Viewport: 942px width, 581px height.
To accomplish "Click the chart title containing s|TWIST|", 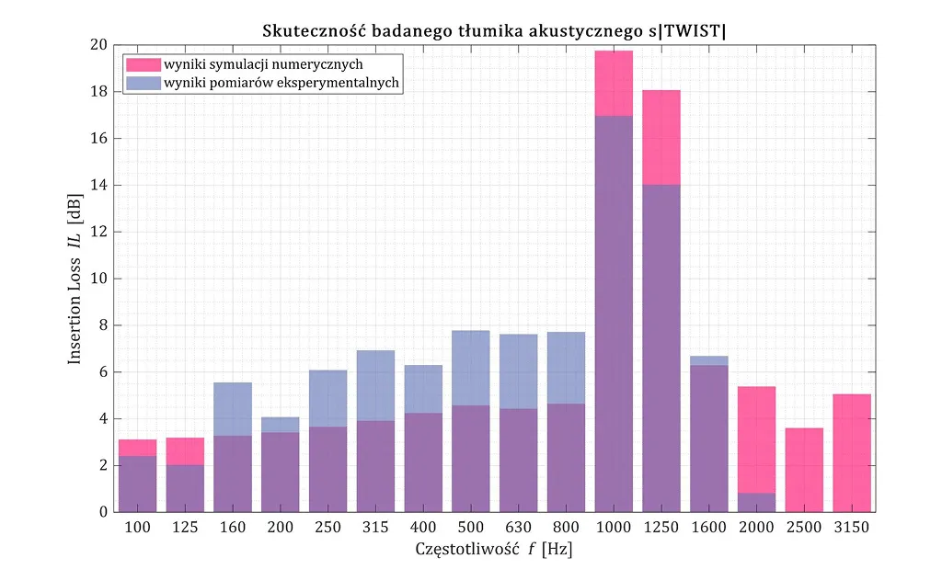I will pos(494,30).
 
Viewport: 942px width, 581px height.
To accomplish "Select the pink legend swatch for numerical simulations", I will pos(143,64).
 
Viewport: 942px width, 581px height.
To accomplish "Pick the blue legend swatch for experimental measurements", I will pos(143,82).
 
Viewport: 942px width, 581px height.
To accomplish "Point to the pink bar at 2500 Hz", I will pos(804,470).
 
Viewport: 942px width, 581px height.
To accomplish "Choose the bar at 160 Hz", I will pos(233,450).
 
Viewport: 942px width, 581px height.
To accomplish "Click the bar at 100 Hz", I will pos(137,478).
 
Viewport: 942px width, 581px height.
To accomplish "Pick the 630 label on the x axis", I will pos(518,529).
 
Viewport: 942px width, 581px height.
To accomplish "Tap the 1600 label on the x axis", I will pos(708,529).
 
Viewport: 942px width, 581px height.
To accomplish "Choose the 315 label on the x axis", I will pos(375,529).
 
